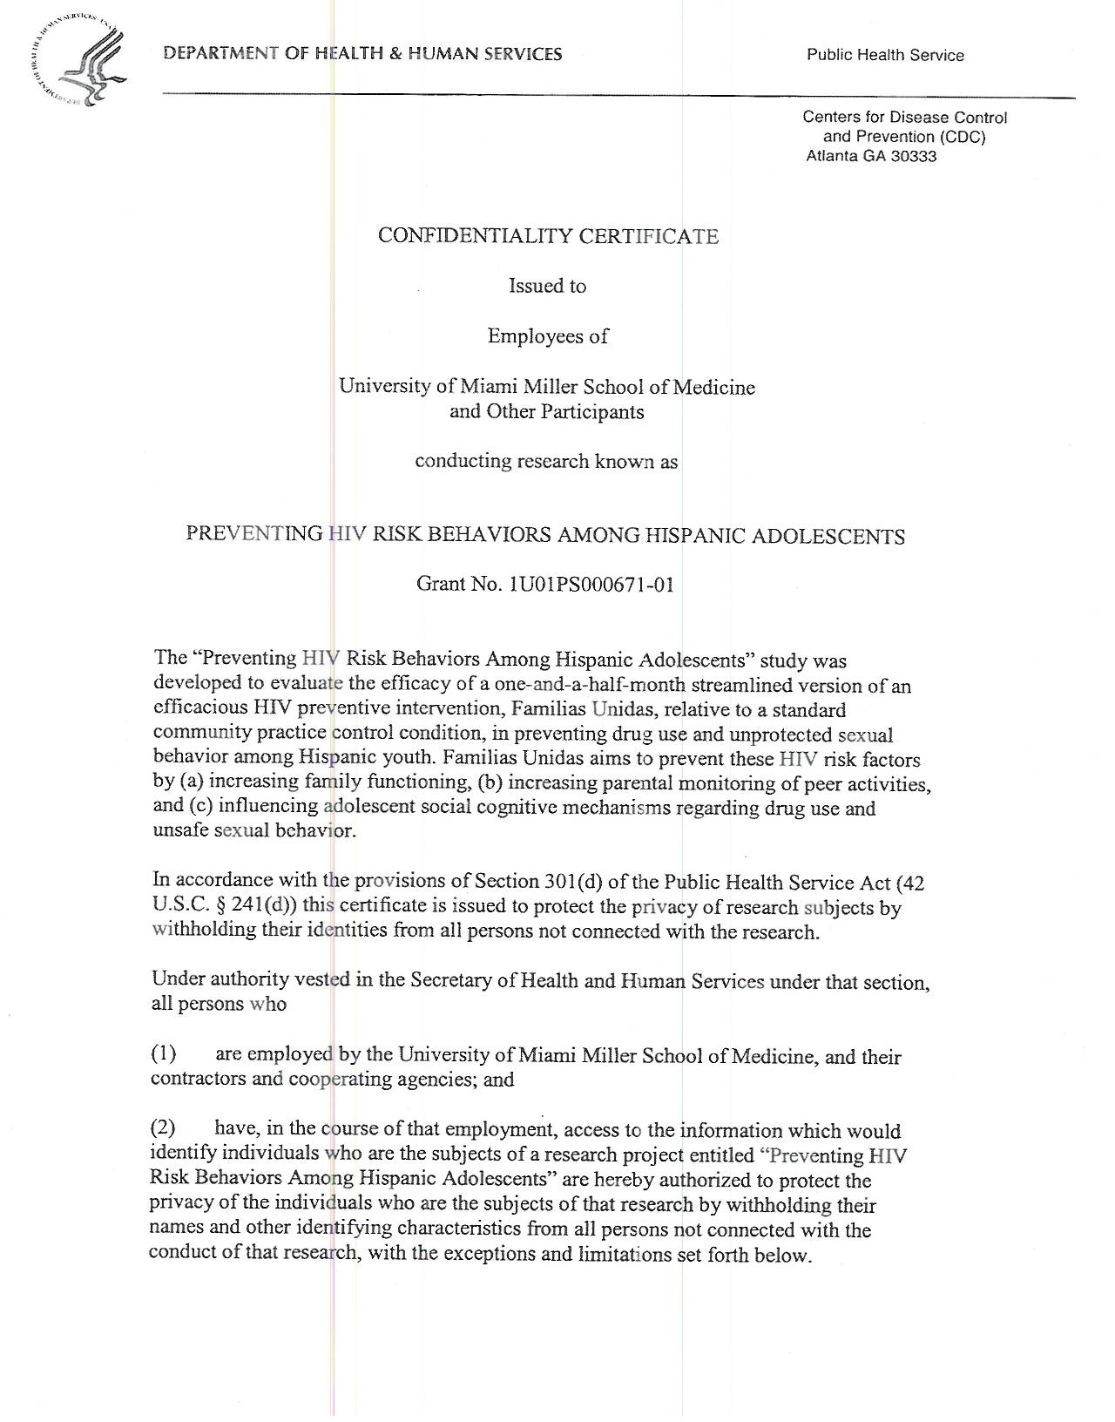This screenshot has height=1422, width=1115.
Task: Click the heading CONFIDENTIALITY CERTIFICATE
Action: [548, 236]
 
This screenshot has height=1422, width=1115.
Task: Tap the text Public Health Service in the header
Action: [885, 55]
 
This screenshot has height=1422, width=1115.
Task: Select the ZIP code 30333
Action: [914, 157]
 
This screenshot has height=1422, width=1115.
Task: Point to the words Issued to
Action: [547, 286]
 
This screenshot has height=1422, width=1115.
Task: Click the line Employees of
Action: [547, 336]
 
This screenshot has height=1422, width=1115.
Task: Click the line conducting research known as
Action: [546, 461]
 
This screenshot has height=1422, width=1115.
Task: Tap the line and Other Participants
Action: [546, 411]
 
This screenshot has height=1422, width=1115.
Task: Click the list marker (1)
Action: [165, 1054]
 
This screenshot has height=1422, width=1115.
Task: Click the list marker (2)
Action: [164, 1128]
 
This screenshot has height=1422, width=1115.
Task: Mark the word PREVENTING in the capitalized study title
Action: [253, 534]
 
